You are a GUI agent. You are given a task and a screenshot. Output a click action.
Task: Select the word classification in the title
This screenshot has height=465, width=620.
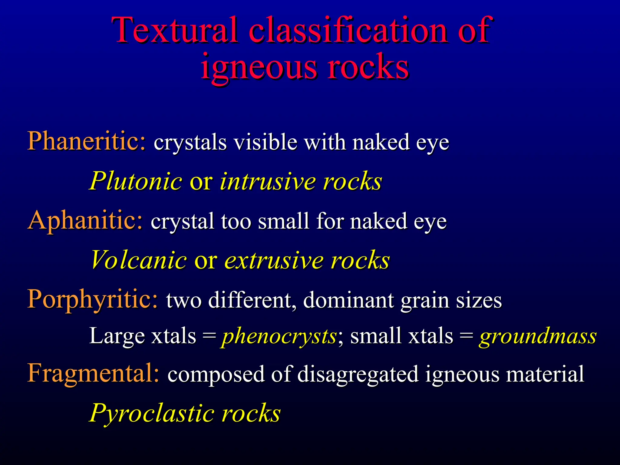click(x=348, y=30)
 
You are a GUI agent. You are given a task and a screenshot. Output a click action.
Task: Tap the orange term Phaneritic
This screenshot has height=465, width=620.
click(x=87, y=141)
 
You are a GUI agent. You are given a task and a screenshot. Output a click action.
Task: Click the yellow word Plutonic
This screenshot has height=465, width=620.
click(x=136, y=181)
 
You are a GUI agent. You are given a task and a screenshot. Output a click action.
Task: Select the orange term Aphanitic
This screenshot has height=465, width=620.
click(x=85, y=220)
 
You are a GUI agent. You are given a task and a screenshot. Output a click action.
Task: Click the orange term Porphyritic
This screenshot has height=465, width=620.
click(x=93, y=299)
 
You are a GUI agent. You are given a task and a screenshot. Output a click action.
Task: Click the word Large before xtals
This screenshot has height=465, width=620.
click(x=117, y=336)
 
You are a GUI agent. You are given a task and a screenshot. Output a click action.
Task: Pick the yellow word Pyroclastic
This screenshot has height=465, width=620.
click(x=151, y=413)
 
